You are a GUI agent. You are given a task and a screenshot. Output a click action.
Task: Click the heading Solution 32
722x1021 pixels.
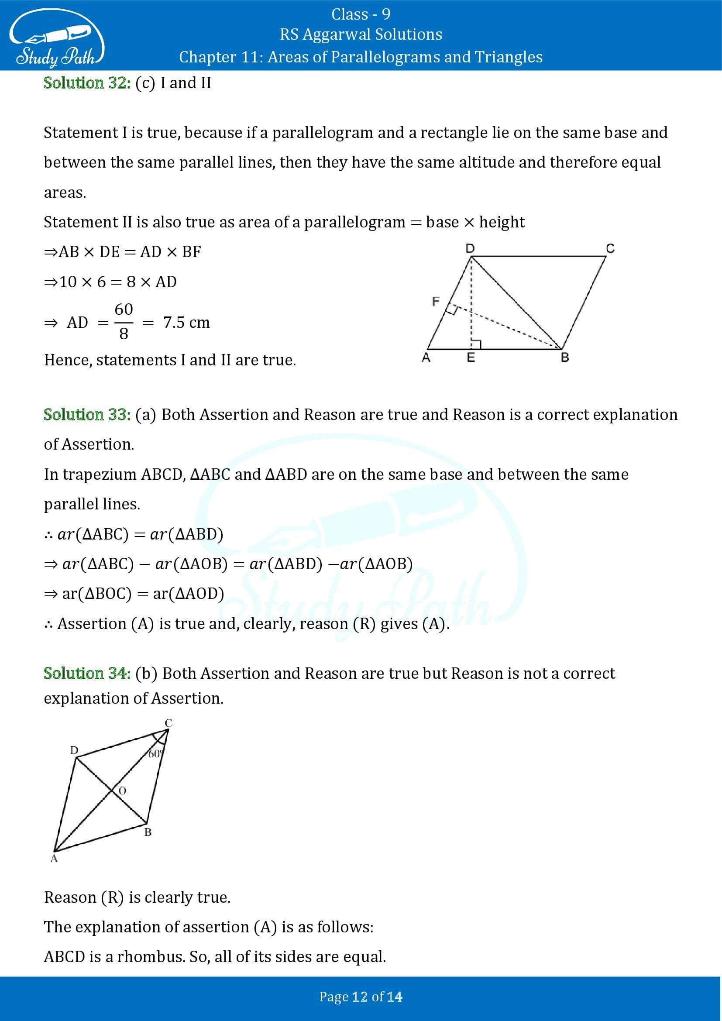point(87,83)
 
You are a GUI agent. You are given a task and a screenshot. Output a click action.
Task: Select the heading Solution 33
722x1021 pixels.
point(87,414)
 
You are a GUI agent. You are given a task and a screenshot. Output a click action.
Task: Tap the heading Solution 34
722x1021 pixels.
point(87,673)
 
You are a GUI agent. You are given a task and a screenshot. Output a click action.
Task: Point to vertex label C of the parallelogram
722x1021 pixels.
point(610,248)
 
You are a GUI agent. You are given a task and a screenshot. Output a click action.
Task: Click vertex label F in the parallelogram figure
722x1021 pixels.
point(436,302)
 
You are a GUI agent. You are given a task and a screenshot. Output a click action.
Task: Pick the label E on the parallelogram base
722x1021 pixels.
point(471,357)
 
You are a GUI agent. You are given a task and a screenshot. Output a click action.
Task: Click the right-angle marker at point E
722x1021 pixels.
point(476,344)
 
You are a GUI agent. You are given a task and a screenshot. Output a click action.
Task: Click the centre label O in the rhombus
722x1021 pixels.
point(122,791)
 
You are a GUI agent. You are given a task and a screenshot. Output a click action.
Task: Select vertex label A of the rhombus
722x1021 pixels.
point(54,859)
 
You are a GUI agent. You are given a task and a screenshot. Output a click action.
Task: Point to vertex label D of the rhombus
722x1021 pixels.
point(74,750)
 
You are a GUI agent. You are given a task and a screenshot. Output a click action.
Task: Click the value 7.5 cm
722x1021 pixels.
point(186,323)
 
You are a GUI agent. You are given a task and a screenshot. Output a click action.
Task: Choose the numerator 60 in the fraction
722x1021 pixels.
point(124,309)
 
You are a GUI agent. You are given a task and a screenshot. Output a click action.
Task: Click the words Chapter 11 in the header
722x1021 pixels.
point(208,57)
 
